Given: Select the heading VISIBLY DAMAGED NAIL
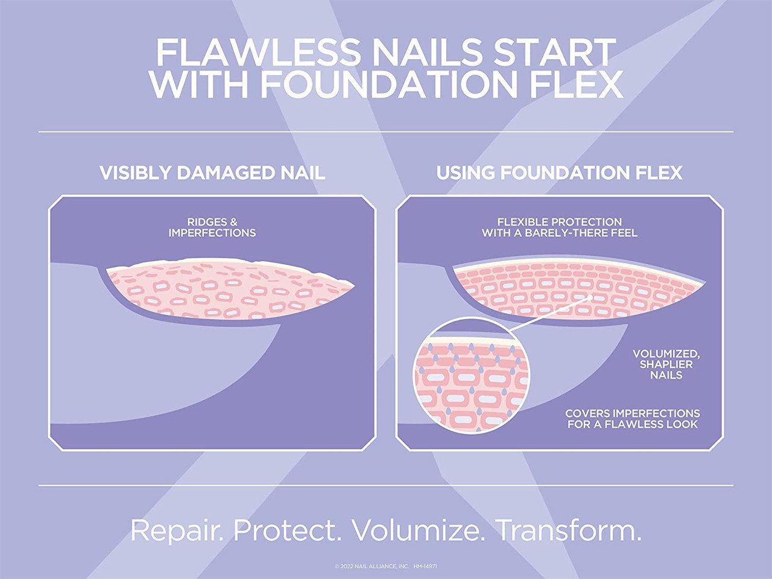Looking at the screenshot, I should [x=212, y=173].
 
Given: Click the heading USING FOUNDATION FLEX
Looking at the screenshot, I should [x=559, y=173].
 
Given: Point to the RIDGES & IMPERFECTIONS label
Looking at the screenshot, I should [x=212, y=227].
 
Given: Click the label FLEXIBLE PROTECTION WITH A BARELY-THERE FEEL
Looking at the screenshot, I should [x=559, y=227].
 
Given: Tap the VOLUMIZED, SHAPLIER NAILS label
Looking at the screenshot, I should [x=666, y=364].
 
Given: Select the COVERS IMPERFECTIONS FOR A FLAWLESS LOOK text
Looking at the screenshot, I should [x=632, y=419].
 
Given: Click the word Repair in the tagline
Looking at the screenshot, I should [x=177, y=531].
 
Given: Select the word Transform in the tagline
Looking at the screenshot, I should [x=568, y=531].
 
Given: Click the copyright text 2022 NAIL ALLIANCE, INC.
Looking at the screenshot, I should [x=372, y=566].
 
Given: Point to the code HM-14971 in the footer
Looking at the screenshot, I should [x=425, y=566].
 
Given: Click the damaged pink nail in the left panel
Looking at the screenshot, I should [x=229, y=289].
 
